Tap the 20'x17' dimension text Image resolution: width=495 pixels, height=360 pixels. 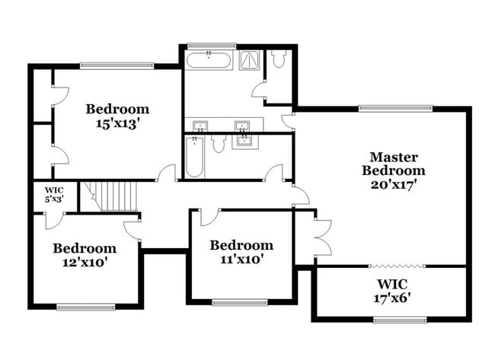pos(393,183)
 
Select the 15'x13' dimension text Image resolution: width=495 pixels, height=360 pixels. pos(117,123)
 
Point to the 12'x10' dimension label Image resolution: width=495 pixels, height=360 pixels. pos(84,263)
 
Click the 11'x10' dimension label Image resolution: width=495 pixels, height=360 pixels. pos(241,260)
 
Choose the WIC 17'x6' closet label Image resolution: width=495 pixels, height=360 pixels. pos(393,291)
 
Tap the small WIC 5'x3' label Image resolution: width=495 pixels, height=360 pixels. pos(53,194)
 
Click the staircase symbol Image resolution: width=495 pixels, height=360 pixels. pos(111,196)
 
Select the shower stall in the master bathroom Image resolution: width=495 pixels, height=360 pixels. pos(250,59)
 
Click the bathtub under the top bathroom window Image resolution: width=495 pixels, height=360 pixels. pos(209,60)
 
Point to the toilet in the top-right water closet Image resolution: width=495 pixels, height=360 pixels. pos(279,58)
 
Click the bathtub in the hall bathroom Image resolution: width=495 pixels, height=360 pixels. pos(195,158)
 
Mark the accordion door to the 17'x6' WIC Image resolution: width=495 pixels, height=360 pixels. pos(395,266)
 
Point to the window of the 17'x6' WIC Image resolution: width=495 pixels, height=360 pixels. pos(395,320)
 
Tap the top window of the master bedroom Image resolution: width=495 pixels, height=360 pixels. pos(396,108)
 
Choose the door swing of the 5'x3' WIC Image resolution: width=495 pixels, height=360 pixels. pos(53,220)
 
